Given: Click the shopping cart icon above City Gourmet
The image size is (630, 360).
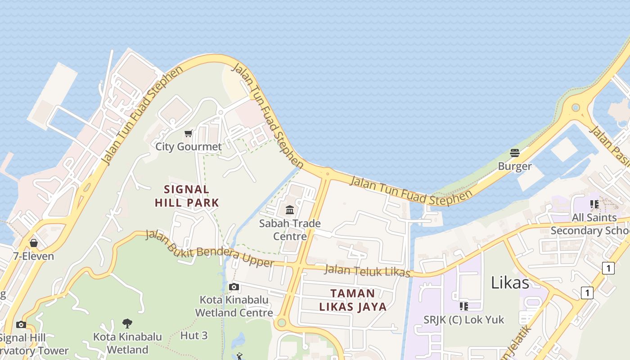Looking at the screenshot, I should [x=189, y=133].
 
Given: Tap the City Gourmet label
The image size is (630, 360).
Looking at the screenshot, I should [x=189, y=147].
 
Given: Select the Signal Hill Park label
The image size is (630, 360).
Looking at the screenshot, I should [x=187, y=196].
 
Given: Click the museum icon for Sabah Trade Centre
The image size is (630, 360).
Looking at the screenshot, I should [x=290, y=210].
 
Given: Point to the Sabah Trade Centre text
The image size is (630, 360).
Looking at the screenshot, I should [x=290, y=229].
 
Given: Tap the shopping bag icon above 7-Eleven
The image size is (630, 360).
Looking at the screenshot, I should [x=34, y=243].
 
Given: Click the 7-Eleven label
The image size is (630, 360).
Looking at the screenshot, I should [x=33, y=256].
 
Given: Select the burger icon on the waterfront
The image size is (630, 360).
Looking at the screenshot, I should [x=515, y=153].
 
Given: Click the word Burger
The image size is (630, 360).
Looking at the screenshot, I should [x=515, y=166].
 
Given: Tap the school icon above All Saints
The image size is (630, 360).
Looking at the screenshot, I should [x=594, y=204].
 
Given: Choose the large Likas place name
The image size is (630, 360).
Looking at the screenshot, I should [x=510, y=283].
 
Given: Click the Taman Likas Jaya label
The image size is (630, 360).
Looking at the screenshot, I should [x=353, y=300].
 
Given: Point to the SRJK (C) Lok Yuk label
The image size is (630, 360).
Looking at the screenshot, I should [x=464, y=320].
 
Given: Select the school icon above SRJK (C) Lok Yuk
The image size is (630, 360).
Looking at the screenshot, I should [x=464, y=306].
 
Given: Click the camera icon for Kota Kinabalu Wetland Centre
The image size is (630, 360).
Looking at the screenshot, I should [x=234, y=287].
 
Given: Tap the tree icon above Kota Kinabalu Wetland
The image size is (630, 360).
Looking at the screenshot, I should [x=127, y=323].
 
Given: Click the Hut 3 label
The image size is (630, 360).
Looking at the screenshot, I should [x=194, y=335].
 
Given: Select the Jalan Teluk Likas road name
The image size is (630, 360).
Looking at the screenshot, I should [x=367, y=271].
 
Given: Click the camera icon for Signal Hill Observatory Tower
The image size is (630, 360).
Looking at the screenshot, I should [x=21, y=325].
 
